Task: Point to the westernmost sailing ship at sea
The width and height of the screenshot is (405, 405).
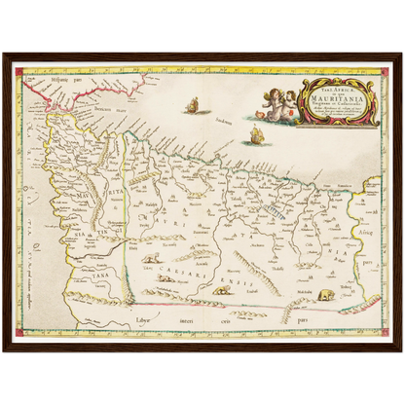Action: (x=192, y=103)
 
